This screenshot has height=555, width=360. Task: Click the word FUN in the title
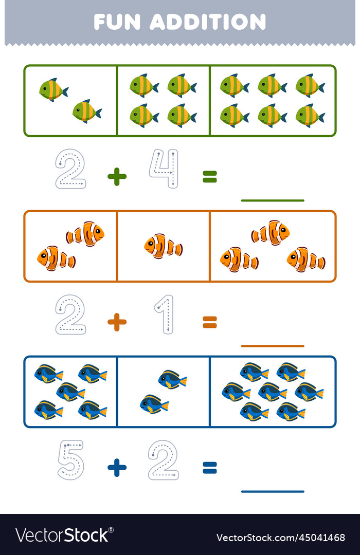[x=117, y=22]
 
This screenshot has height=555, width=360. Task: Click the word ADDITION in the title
[x=208, y=22]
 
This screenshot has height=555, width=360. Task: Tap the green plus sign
[x=117, y=176]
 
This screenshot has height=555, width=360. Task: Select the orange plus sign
[x=117, y=322]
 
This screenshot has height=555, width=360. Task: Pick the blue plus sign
[x=117, y=468]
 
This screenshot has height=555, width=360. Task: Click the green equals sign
[x=210, y=176]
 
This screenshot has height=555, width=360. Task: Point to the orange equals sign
[x=210, y=322]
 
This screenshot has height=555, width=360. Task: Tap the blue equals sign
[x=210, y=468]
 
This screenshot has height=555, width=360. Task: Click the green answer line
[x=273, y=200]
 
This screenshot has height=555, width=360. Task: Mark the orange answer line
[x=273, y=346]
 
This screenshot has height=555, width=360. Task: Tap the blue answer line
[x=273, y=491]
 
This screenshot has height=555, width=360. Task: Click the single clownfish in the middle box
[x=163, y=246]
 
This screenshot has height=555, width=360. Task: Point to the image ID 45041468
[x=322, y=538]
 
